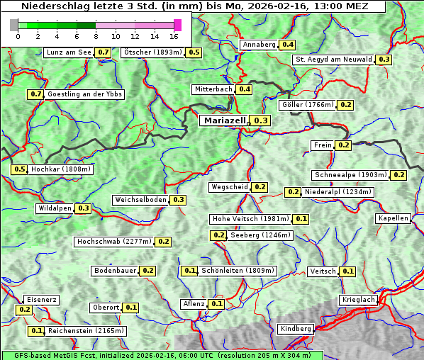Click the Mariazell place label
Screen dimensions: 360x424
point(224,121)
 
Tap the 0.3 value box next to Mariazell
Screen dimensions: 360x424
point(261,121)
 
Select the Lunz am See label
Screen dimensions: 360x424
point(68,52)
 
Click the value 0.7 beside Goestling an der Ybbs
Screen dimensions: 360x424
point(35,94)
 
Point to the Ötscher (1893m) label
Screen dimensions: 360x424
point(152,52)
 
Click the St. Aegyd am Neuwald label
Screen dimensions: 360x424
point(333,60)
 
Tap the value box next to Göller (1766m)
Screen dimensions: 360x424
point(345,105)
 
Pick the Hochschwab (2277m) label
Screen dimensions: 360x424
point(113,242)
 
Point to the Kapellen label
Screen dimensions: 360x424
point(393,218)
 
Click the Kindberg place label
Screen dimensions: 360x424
point(296,329)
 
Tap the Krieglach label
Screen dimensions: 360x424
point(358,300)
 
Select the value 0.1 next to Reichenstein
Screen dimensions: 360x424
point(36,331)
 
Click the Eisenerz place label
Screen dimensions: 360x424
point(40,300)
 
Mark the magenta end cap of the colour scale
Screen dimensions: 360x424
point(177,25)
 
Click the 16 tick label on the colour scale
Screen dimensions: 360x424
point(174,36)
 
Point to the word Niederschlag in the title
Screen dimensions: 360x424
point(51,6)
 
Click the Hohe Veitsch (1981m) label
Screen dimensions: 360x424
point(250,219)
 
